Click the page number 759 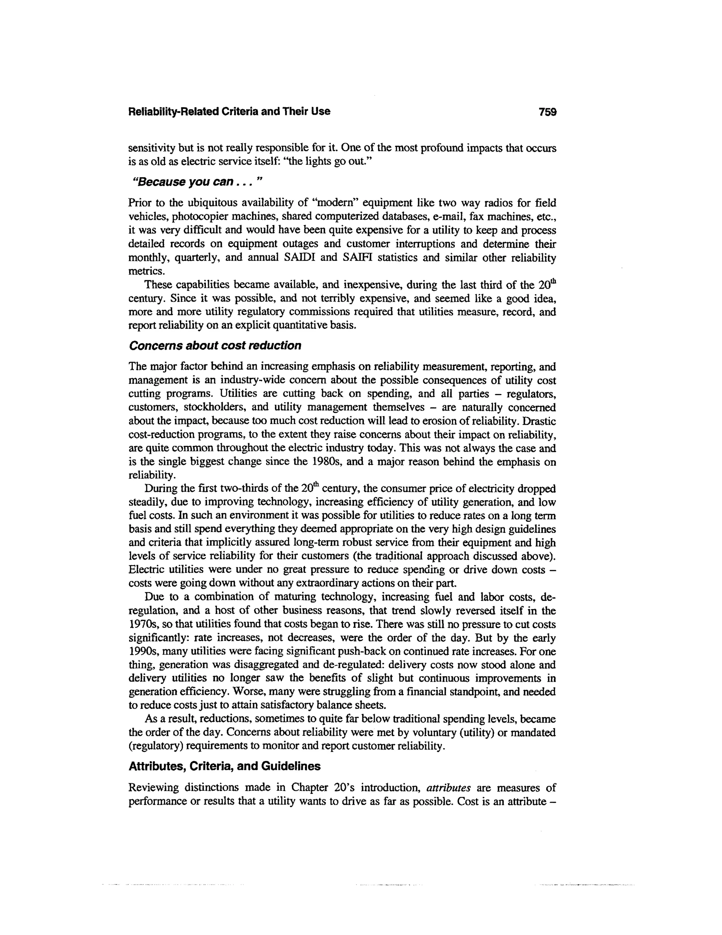tap(547, 112)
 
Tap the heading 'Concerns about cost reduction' tap(215, 345)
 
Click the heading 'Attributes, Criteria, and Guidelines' tap(225, 766)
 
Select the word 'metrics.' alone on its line tap(146, 271)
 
